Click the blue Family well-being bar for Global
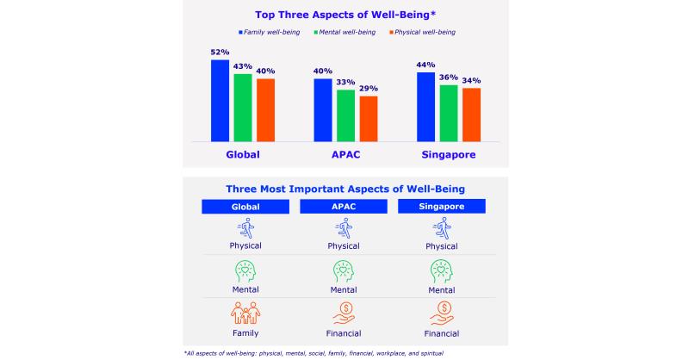[x=220, y=101]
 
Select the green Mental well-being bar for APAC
[x=344, y=115]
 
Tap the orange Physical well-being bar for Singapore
[x=471, y=115]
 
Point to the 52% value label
[x=220, y=53]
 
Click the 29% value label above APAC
[x=369, y=89]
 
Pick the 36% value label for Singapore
[x=449, y=78]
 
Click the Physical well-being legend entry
[x=421, y=32]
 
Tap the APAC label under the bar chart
[x=344, y=155]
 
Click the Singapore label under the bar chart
[x=448, y=155]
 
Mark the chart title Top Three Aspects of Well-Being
[x=344, y=14]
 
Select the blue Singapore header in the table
[x=442, y=208]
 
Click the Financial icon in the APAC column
[x=344, y=312]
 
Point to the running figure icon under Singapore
[x=442, y=228]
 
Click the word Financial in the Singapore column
[x=442, y=332]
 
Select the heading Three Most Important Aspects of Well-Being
[x=344, y=189]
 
